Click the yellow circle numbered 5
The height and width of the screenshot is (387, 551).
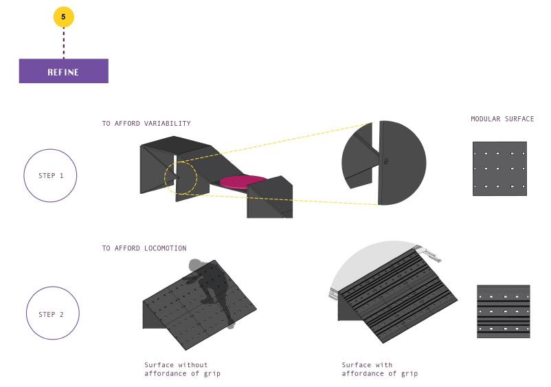[x=63, y=17]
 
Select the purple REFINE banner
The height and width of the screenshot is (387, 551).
[x=63, y=71]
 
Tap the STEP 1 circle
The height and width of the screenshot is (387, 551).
[x=51, y=175]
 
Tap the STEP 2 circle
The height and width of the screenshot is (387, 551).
[x=52, y=315]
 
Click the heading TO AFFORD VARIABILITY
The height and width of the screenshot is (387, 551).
[x=146, y=124]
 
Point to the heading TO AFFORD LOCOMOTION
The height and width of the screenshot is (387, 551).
[x=144, y=248]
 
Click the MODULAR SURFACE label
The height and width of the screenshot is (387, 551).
[x=502, y=119]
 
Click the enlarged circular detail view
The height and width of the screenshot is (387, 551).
[x=383, y=163]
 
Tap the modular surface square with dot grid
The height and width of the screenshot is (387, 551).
[x=499, y=168]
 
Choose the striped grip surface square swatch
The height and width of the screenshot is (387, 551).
[x=503, y=311]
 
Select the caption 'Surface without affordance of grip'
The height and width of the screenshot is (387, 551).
[x=182, y=369]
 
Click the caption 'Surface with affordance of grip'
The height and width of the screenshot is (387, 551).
[x=379, y=369]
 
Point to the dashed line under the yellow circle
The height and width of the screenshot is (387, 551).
[x=63, y=43]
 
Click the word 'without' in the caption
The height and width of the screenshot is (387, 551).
[x=192, y=364]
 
